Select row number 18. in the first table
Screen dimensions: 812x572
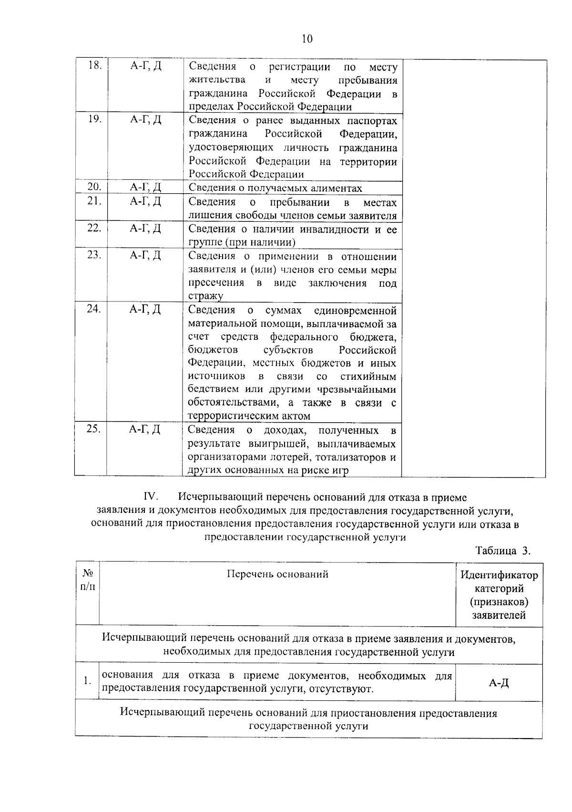[95, 66]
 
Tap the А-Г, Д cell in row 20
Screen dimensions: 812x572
[146, 187]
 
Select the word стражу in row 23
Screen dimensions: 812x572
[205, 296]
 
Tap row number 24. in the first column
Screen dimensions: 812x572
[93, 309]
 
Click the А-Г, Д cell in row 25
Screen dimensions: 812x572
[145, 429]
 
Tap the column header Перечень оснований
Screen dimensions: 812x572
[277, 574]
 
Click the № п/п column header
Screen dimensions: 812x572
[88, 579]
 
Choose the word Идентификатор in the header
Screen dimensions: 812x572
[499, 575]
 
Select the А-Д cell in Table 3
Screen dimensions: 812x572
[499, 683]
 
